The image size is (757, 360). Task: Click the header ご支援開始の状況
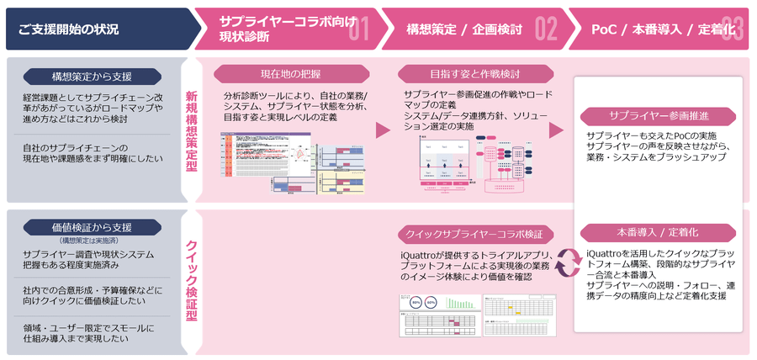pyautogui.click(x=68, y=29)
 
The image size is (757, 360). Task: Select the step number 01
pyautogui.click(x=359, y=30)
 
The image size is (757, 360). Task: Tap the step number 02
pyautogui.click(x=546, y=30)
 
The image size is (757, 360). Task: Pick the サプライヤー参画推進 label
pyautogui.click(x=660, y=116)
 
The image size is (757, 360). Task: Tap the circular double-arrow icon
pyautogui.click(x=565, y=262)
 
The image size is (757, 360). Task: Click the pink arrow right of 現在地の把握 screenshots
pyautogui.click(x=383, y=130)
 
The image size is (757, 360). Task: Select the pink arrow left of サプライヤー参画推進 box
pyautogui.click(x=556, y=130)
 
